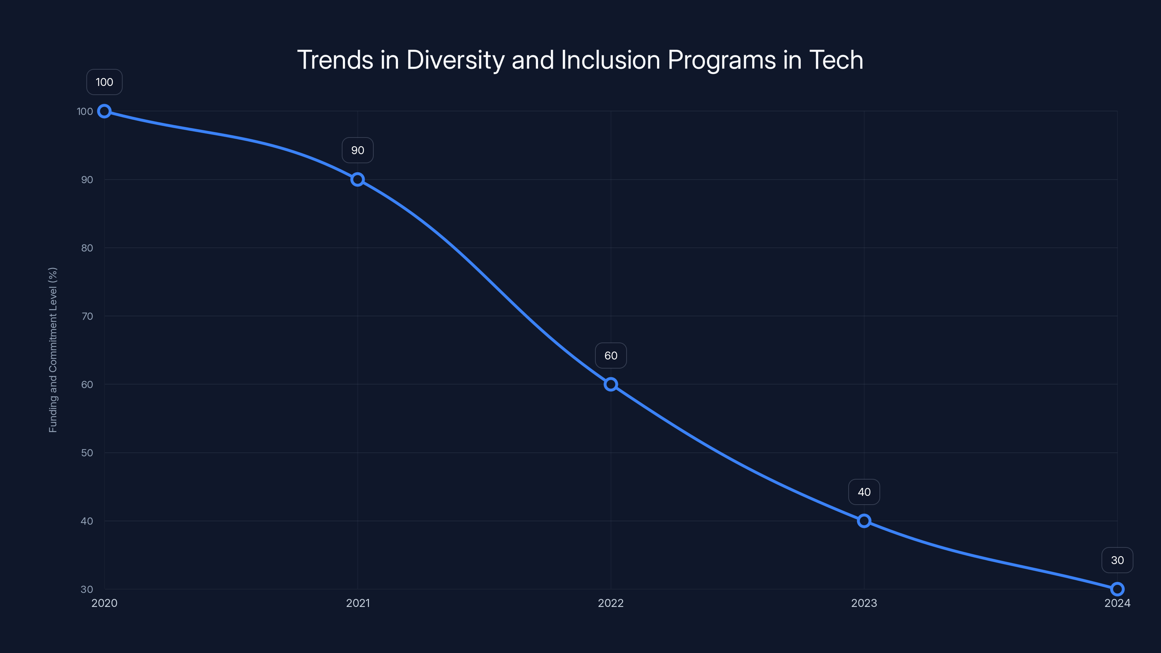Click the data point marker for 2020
104,111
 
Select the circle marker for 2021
357,179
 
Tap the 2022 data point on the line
611,385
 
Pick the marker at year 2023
864,521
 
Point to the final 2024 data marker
1117,589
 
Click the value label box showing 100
104,82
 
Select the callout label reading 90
357,150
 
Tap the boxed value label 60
611,356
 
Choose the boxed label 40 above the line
864,492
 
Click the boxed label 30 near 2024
1117,560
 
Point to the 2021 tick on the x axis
357,603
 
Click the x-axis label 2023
864,603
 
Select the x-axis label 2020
104,603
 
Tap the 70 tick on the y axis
87,316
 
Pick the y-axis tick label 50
87,453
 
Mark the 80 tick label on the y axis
87,248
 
